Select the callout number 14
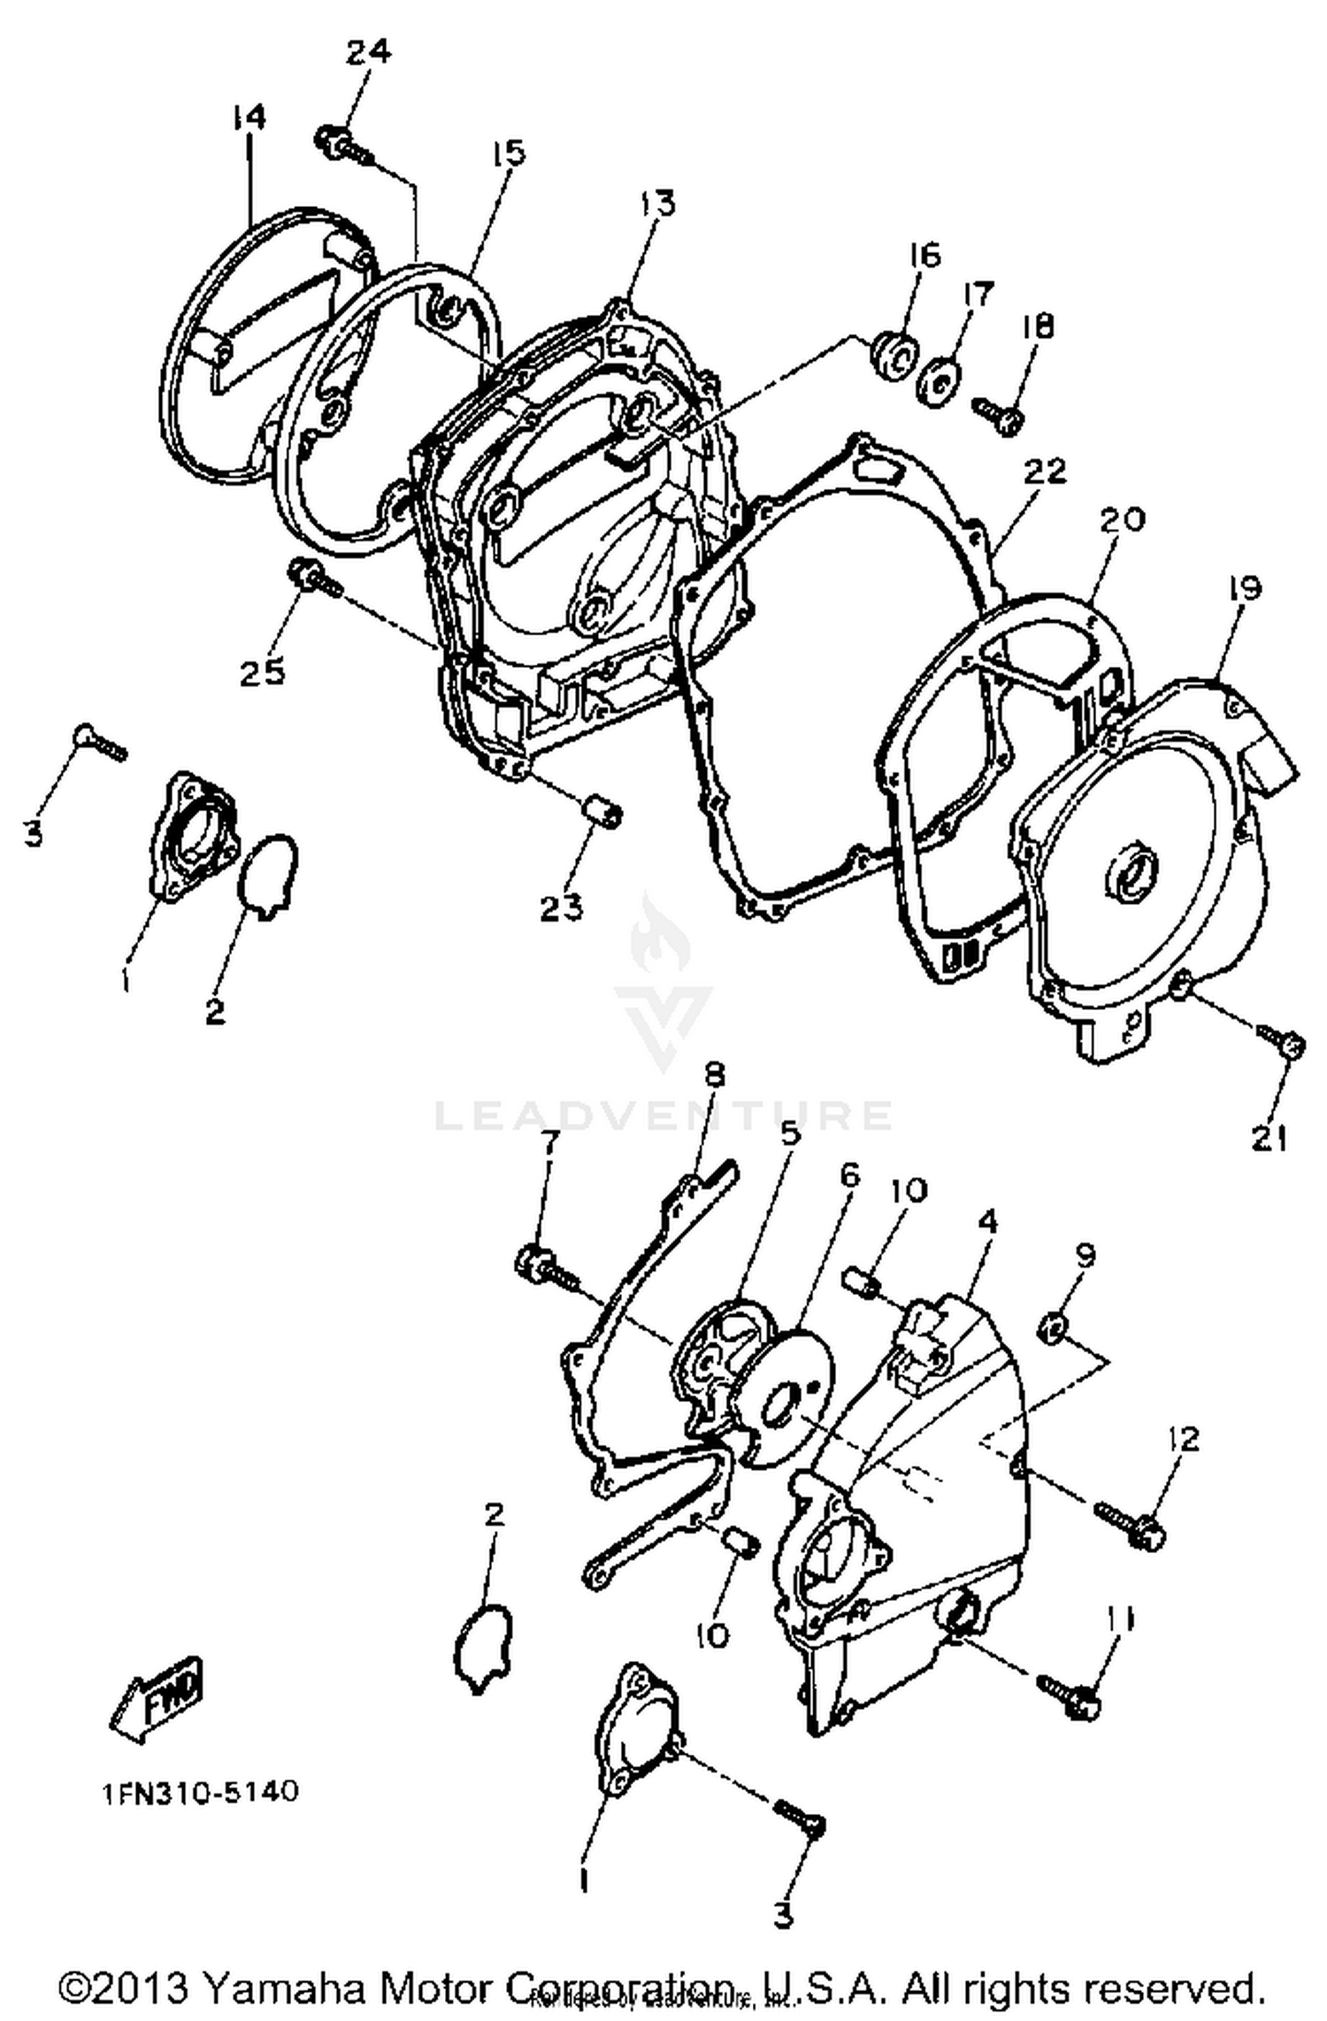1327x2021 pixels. (x=249, y=117)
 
